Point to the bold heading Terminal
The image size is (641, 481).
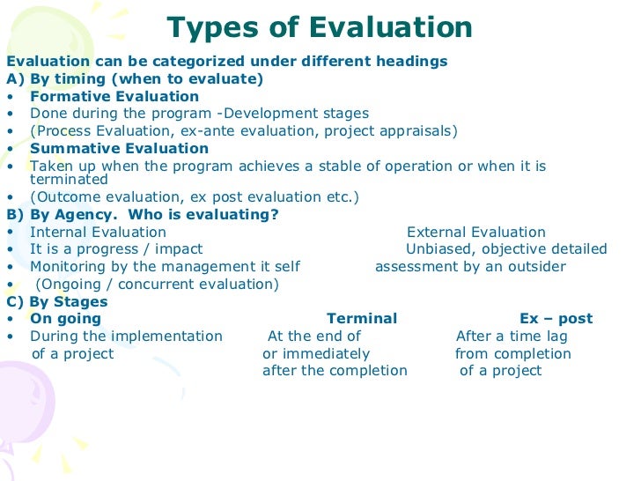(x=362, y=319)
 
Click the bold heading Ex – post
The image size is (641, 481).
(x=556, y=319)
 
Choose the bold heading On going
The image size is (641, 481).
(x=66, y=319)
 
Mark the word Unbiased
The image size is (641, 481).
(x=439, y=249)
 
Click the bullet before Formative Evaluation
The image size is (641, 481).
(x=10, y=97)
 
